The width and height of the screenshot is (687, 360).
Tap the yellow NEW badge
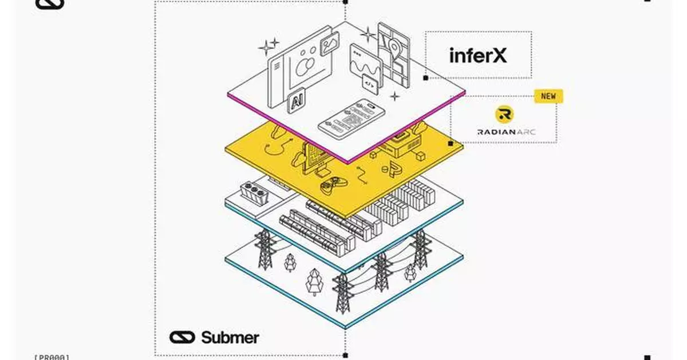pyautogui.click(x=548, y=96)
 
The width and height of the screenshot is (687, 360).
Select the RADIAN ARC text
pyautogui.click(x=502, y=132)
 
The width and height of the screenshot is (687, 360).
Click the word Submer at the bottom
pyautogui.click(x=230, y=337)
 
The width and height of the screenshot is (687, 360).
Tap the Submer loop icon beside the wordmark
pyautogui.click(x=182, y=337)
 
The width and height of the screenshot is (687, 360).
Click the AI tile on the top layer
pyautogui.click(x=297, y=102)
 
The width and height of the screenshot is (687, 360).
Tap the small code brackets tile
pyautogui.click(x=369, y=84)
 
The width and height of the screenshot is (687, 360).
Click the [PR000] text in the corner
pyautogui.click(x=52, y=357)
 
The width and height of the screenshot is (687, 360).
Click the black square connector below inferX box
pyautogui.click(x=425, y=77)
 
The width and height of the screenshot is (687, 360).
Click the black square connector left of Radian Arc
pyautogui.click(x=451, y=143)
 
